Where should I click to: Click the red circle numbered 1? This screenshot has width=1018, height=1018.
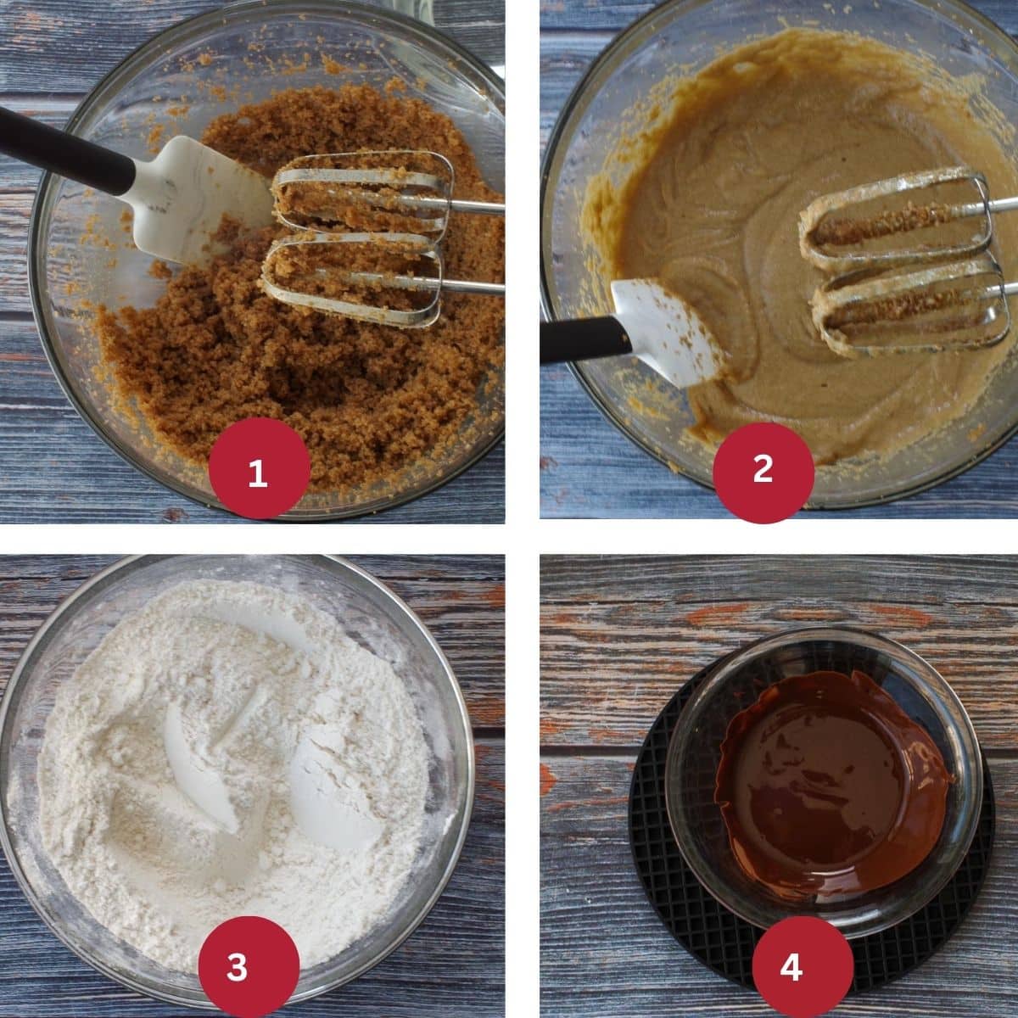[259, 468]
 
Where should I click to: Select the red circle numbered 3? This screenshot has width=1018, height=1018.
[249, 967]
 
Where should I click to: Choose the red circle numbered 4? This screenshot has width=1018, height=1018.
[803, 967]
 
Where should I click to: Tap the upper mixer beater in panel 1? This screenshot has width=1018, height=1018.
[365, 194]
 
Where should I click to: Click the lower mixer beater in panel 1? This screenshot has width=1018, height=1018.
[359, 280]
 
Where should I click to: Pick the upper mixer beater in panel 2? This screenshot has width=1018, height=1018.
[898, 218]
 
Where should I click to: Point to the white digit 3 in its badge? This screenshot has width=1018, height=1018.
[238, 967]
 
